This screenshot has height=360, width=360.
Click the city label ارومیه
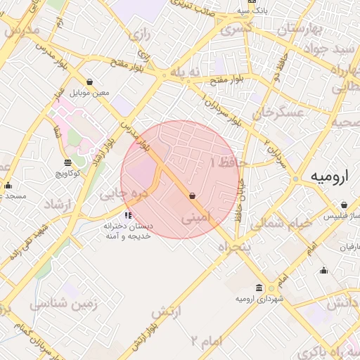(328, 177)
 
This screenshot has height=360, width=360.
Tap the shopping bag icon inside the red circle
(192, 196)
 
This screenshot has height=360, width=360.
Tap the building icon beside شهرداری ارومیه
(260, 288)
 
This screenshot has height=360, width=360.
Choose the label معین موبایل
(91, 93)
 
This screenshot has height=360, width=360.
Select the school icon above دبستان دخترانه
(127, 215)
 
